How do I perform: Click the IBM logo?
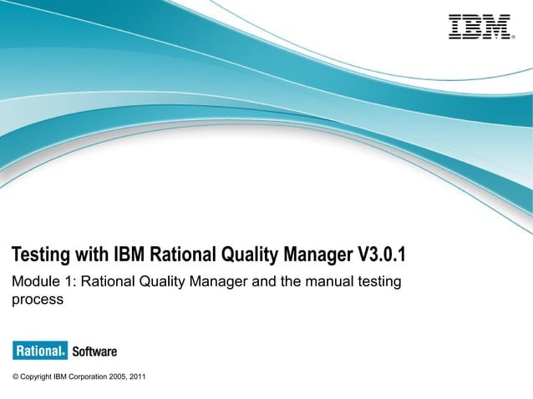pyautogui.click(x=479, y=27)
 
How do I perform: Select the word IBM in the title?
pyautogui.click(x=129, y=254)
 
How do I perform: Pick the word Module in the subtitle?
pyautogui.click(x=33, y=282)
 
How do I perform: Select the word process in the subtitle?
pyautogui.click(x=37, y=300)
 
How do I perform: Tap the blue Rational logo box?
pyautogui.click(x=39, y=351)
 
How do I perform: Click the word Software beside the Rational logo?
pyautogui.click(x=94, y=351)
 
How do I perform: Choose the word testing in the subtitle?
pyautogui.click(x=380, y=282)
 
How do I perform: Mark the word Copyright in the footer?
pyautogui.click(x=35, y=377)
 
